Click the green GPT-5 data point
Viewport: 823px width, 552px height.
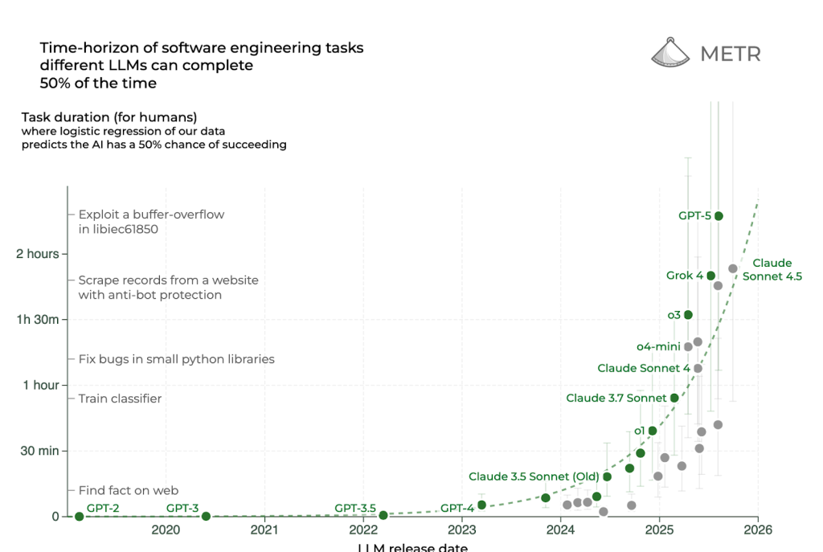tap(719, 216)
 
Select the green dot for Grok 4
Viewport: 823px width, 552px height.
tap(710, 276)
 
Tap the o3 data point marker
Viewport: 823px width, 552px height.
tap(688, 315)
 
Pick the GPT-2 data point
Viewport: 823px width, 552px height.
tap(79, 516)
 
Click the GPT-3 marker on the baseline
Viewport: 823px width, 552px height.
tap(206, 516)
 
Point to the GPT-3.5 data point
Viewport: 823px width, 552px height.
tap(383, 515)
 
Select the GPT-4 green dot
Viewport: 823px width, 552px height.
tap(481, 505)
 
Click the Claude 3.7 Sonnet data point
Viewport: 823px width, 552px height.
tap(674, 398)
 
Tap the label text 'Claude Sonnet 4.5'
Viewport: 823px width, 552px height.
tap(772, 270)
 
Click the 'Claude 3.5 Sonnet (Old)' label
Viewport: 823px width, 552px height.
tap(534, 476)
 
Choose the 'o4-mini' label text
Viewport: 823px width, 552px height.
tap(658, 346)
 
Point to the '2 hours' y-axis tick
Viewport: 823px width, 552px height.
tap(38, 254)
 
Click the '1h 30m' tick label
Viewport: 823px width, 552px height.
tap(38, 320)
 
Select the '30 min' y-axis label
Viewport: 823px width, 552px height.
tap(38, 451)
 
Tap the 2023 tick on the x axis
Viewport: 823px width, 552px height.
tap(462, 530)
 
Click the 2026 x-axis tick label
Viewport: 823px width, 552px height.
tap(758, 530)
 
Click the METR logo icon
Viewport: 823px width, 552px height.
tap(671, 53)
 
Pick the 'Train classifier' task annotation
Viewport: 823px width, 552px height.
tap(120, 399)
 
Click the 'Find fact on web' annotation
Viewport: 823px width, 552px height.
tap(128, 490)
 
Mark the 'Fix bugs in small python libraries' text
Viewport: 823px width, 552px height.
tap(176, 359)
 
